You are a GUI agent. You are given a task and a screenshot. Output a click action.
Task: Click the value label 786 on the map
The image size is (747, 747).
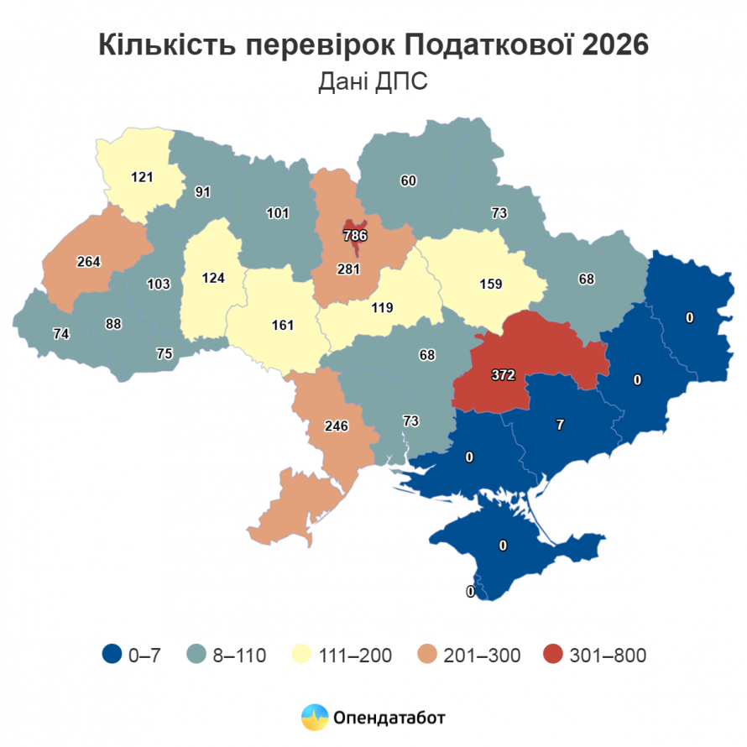356,236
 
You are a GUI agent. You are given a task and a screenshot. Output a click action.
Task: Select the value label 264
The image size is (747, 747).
88,261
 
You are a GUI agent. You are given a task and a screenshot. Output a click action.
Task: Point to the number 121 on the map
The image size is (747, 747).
142,177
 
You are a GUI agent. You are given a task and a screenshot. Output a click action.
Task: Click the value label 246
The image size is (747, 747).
336,426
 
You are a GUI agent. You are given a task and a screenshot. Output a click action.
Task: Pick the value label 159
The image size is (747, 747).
490,284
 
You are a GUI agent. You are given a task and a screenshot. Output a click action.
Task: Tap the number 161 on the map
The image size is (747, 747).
283,325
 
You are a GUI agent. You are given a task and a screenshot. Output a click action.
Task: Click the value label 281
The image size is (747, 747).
347,269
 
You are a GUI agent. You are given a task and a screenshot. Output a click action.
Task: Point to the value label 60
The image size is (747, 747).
409,180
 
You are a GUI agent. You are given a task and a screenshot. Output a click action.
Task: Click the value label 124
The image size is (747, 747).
213,277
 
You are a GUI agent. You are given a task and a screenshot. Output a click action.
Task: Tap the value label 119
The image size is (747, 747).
381,308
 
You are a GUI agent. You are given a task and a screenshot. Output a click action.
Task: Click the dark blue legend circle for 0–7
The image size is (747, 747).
112,655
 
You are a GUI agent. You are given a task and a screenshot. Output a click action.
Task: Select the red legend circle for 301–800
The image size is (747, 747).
553,655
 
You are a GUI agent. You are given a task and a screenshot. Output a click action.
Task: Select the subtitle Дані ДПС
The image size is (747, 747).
373,81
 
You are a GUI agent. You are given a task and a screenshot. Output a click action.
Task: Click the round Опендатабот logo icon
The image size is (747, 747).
315,718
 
